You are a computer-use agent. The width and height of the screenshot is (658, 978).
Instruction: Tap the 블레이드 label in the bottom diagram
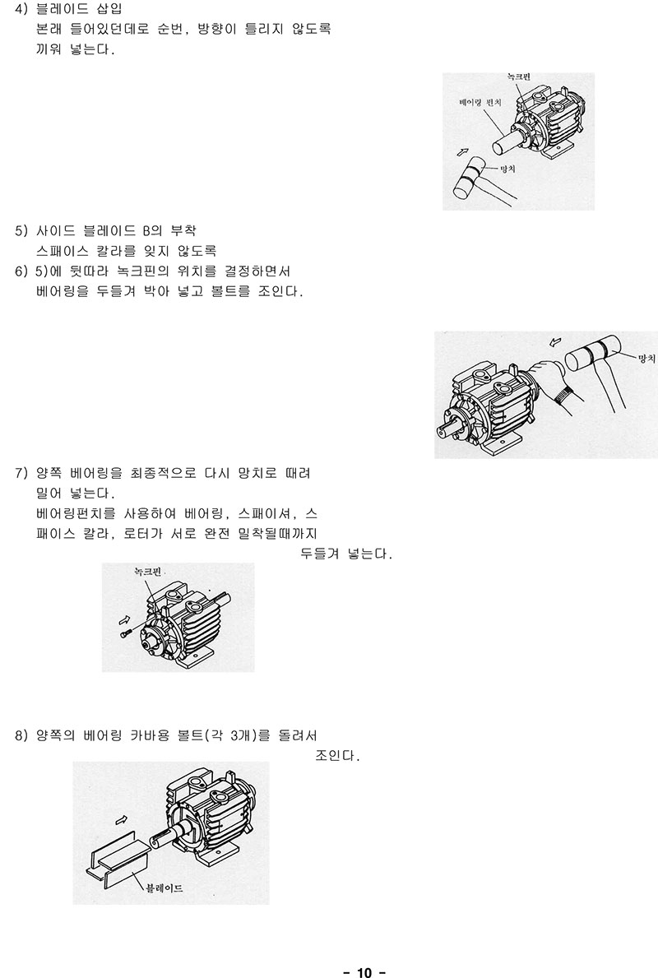164,887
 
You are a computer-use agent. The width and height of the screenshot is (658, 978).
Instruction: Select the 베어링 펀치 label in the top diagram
480,102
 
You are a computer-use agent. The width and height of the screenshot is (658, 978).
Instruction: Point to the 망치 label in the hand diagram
646,358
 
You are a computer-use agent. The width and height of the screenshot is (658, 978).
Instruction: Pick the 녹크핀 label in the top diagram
518,77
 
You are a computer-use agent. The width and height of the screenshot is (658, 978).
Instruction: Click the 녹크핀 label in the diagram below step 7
148,572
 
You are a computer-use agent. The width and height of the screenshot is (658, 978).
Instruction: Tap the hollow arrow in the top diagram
462,151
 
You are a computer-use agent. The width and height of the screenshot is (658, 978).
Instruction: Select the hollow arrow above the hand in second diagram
555,342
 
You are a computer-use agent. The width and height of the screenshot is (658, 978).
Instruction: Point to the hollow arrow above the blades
122,818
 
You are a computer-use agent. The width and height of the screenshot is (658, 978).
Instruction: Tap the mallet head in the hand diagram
593,354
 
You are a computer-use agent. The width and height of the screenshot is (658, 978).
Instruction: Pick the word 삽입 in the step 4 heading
109,9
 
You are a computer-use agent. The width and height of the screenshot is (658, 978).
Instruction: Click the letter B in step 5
146,231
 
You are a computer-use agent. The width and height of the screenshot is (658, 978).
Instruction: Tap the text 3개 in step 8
240,735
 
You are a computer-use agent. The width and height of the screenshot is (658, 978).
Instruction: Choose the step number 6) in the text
22,271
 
